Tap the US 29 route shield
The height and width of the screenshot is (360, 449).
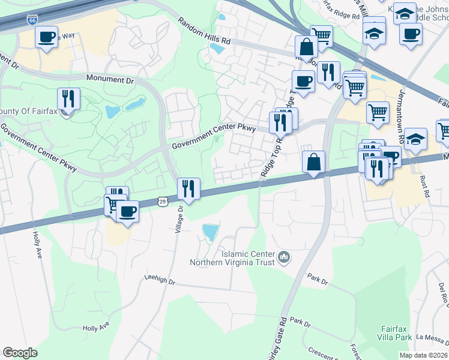tap(163, 202)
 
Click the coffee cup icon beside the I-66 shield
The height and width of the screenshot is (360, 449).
tap(46, 38)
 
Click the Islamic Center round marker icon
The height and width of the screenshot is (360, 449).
tap(285, 258)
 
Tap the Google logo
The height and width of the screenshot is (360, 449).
tap(20, 353)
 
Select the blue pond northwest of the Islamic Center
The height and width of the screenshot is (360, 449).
tap(209, 232)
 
